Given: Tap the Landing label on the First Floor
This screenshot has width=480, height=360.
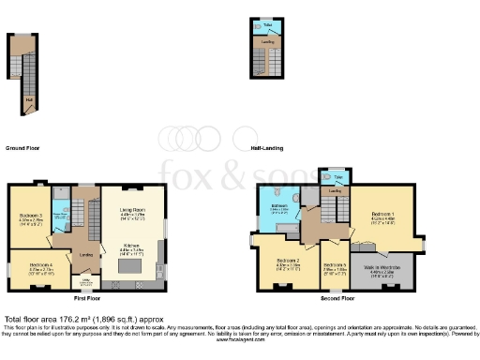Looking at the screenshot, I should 86,253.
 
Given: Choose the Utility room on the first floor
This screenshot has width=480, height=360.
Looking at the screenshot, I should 85,279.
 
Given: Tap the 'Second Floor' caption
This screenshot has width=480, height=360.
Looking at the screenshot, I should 337,298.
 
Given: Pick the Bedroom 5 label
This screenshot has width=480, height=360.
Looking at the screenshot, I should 335,265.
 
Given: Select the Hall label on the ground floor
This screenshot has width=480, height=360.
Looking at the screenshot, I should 28,97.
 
